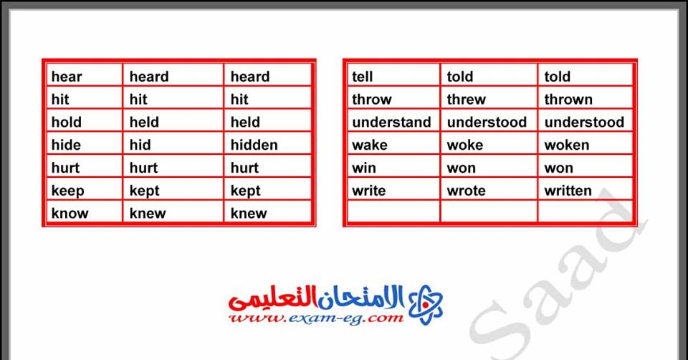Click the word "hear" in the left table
point(67,77)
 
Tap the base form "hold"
point(66,122)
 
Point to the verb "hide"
point(66,145)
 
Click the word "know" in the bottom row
point(70,214)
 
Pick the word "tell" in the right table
point(363,77)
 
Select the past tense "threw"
point(467,99)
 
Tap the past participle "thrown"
point(568,99)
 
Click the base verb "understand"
point(391,122)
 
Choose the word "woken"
point(567,145)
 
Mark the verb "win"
point(364,168)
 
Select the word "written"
point(568,191)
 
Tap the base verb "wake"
point(370,145)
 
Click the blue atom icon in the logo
point(425,305)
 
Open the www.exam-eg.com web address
point(316,318)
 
